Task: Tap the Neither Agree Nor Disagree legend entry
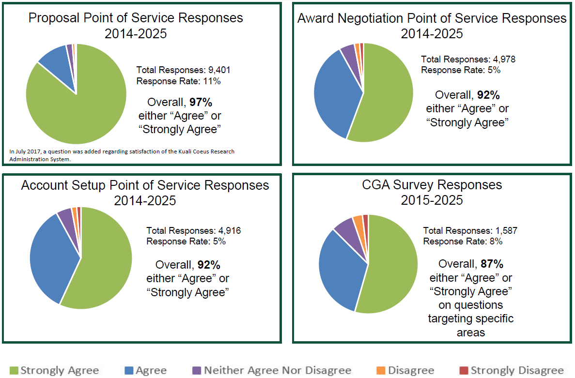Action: tap(271, 370)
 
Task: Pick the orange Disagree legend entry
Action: tap(405, 370)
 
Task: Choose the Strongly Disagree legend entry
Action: tap(512, 370)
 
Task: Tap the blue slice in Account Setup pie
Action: tap(51, 257)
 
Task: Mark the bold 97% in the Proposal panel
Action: tap(201, 103)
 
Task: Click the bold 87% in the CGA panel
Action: tap(492, 264)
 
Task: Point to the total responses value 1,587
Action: tap(506, 231)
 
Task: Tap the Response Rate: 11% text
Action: tap(178, 81)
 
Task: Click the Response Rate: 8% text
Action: tap(462, 242)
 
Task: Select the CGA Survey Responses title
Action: tap(432, 192)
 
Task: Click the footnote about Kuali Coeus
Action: tap(121, 155)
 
